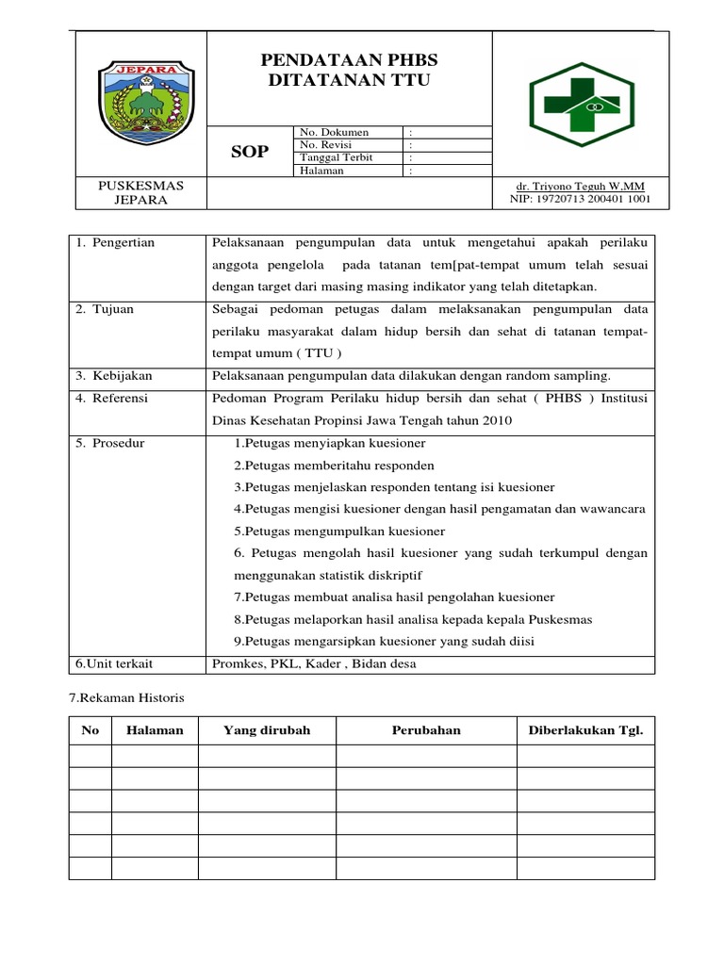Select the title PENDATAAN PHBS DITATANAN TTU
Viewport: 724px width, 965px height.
click(349, 71)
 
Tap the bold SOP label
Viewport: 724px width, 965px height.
click(250, 152)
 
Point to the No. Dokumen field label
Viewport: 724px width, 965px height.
click(334, 132)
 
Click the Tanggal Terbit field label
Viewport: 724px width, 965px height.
click(336, 157)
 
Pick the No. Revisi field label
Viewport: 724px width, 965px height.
click(329, 145)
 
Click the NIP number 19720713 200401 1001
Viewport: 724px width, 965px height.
click(580, 200)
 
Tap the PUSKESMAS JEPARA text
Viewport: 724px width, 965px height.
click(140, 193)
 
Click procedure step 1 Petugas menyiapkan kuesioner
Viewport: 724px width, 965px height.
click(330, 443)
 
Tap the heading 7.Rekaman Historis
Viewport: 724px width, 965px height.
click(127, 698)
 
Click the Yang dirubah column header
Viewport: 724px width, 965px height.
click(267, 730)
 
